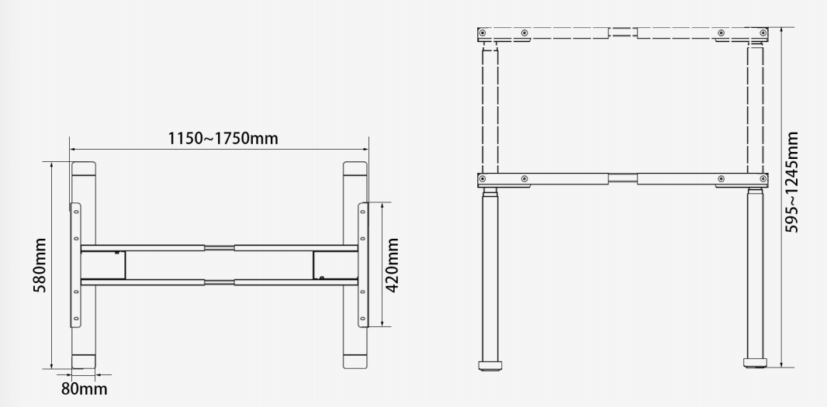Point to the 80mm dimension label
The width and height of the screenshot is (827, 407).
pyautogui.click(x=85, y=388)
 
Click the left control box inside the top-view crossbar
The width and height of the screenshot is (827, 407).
pyautogui.click(x=103, y=265)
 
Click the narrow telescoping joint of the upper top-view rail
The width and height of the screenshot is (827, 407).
pyautogui.click(x=219, y=248)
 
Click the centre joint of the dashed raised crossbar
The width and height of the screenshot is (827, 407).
pyautogui.click(x=623, y=33)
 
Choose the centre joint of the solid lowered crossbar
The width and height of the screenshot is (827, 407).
pyautogui.click(x=623, y=179)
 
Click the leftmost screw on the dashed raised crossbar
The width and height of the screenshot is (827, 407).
pyautogui.click(x=483, y=33)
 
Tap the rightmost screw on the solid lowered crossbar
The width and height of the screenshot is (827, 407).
pyautogui.click(x=763, y=179)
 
